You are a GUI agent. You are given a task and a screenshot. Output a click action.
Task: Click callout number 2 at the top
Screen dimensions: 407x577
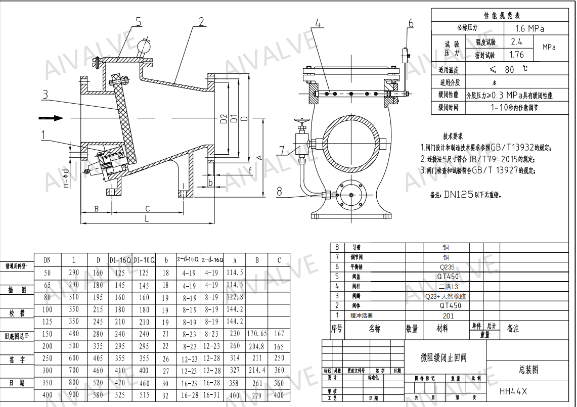coord(201,21)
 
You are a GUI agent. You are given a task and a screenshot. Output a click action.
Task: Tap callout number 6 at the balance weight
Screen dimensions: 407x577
coord(411,23)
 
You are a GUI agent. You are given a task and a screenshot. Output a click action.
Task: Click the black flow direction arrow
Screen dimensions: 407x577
coord(51,118)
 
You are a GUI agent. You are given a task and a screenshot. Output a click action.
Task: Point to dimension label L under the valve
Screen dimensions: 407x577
coord(146,219)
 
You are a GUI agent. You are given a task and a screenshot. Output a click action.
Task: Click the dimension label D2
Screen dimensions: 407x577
coord(224,119)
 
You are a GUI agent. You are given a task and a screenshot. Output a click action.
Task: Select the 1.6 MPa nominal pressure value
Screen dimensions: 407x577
coord(529,28)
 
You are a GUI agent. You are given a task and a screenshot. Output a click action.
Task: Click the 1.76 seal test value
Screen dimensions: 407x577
coord(516,55)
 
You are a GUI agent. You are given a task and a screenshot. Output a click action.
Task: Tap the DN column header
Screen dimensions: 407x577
coord(47,260)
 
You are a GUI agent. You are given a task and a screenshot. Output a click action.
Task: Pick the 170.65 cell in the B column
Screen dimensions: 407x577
coord(257,334)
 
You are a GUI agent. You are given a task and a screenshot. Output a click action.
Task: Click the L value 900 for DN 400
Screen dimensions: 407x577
coord(74,395)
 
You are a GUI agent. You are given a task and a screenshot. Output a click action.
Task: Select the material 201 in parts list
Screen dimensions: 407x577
coord(448,315)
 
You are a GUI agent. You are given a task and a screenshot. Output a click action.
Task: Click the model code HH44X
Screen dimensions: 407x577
coord(513,391)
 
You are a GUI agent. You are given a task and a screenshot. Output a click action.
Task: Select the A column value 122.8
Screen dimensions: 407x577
coord(235,297)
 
